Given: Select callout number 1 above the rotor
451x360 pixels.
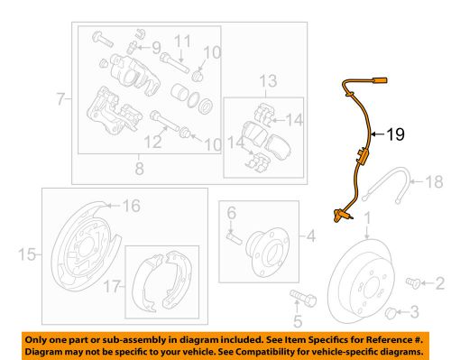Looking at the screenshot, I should (366, 216).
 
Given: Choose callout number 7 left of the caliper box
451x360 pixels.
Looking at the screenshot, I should (61, 96).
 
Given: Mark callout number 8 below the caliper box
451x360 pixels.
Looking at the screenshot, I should (138, 168).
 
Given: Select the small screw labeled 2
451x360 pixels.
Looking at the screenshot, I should (415, 283).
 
